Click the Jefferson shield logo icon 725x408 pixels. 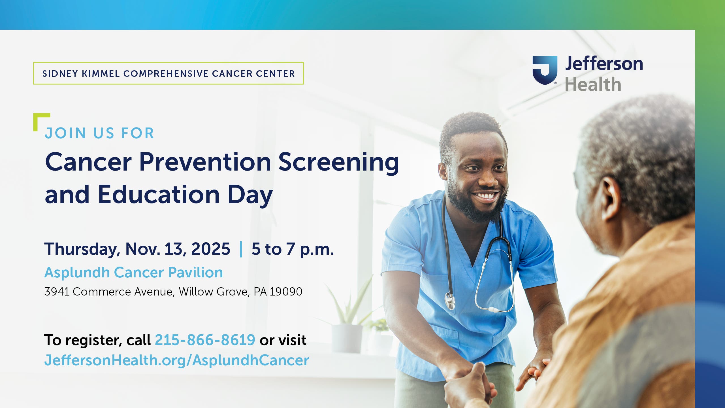tap(545, 70)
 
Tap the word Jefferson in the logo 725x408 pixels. tap(604, 64)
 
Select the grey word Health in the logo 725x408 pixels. tap(593, 84)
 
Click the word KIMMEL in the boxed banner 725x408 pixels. tap(101, 74)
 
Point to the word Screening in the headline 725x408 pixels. tap(338, 162)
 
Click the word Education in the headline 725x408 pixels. tap(159, 195)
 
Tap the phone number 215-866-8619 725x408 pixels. tap(205, 340)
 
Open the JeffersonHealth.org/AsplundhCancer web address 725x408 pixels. tap(176, 360)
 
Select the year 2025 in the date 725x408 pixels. tap(210, 249)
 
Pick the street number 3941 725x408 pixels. tap(57, 292)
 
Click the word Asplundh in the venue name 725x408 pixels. tap(77, 273)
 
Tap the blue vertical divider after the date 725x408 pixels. tap(241, 249)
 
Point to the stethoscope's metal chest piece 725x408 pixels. tap(450, 301)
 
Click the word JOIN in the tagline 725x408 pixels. tap(65, 133)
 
